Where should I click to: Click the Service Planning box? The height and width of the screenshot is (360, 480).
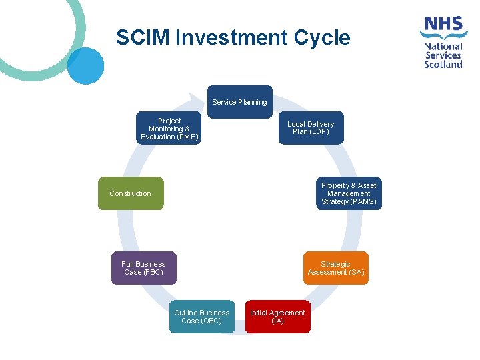239,102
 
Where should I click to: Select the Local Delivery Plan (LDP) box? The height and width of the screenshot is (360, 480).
311,128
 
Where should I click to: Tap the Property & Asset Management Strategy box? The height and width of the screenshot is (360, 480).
349,193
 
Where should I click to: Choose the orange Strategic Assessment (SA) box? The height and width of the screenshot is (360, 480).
336,268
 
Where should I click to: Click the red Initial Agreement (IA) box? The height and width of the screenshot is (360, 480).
277,317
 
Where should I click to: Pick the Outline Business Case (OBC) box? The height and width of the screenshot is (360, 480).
201,317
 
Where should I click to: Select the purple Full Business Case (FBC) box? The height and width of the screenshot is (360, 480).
143,268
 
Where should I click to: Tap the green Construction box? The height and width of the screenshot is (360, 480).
131,193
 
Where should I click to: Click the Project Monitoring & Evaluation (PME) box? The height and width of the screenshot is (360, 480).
169,128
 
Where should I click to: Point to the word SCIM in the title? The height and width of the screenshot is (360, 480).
143,38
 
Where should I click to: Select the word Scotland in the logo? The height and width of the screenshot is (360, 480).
444,65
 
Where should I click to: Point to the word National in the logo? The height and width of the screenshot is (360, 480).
443,47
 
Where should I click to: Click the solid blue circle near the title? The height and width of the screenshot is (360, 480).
85,65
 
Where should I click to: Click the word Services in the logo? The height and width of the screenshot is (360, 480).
444,56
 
